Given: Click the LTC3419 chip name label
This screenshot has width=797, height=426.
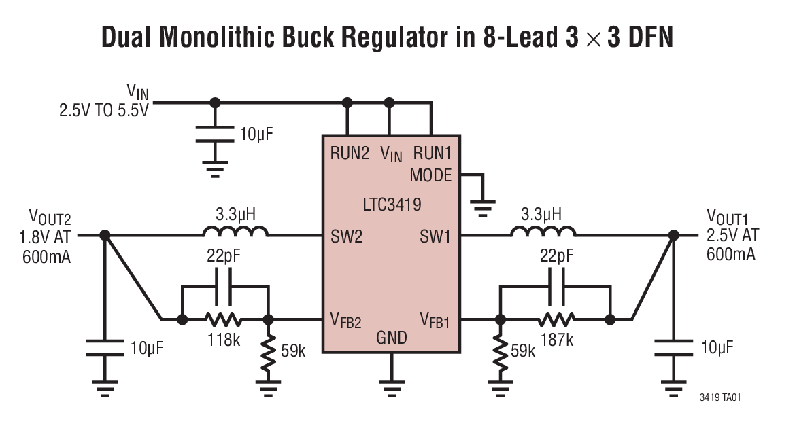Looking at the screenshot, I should pos(391,203).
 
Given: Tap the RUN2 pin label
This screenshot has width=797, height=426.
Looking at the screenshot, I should pos(350,153).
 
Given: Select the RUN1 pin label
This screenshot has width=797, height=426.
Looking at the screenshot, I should pos(432,153).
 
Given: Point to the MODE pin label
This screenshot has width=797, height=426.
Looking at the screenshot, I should pos(430,175).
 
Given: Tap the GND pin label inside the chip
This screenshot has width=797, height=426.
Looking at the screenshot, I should pos(391,338).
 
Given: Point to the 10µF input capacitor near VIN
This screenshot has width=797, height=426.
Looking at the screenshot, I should pos(215,134).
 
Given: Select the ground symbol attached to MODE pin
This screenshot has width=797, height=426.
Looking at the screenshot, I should pos(482,206).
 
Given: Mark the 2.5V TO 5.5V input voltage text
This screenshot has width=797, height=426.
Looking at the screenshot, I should pos(103,109).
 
